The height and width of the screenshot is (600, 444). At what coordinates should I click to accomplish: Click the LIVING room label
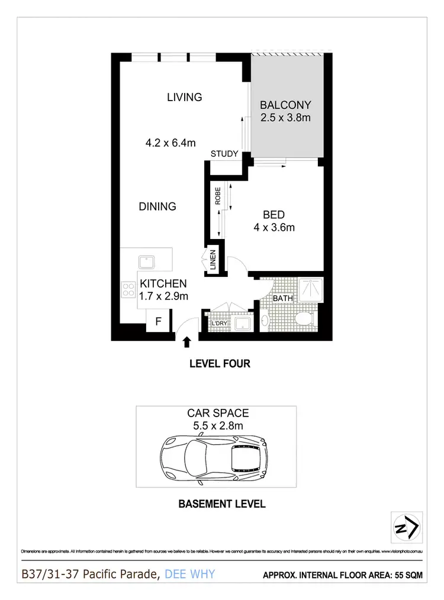(184, 97)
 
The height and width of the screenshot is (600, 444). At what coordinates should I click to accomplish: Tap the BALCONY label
(286, 105)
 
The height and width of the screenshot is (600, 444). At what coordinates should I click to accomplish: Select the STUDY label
(224, 154)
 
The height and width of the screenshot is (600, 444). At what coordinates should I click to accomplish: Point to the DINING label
(157, 207)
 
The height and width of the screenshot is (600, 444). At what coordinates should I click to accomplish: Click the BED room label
(274, 215)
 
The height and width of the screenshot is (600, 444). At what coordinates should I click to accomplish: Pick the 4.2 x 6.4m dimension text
(170, 143)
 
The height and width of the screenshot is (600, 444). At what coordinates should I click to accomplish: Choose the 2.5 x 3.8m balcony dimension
(286, 118)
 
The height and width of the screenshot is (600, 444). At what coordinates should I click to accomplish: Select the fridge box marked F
(158, 322)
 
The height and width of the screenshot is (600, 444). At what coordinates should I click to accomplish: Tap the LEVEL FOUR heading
(219, 364)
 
